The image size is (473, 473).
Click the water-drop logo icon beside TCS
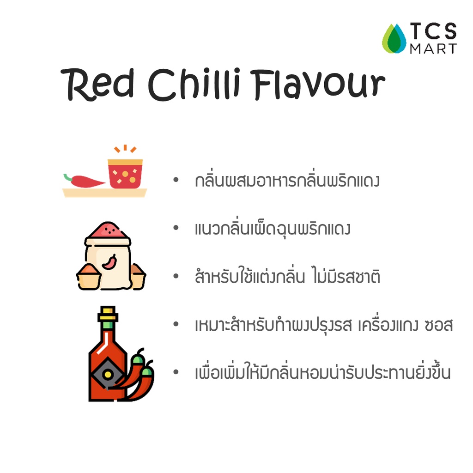[394, 39]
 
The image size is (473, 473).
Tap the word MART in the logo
[433, 49]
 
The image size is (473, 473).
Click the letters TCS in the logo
[433, 31]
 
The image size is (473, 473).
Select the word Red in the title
[97, 84]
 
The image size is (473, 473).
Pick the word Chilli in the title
[194, 84]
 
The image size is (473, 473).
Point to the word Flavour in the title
[319, 84]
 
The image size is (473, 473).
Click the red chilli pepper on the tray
[84, 181]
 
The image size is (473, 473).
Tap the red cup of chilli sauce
[125, 174]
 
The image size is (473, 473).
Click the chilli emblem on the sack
[109, 262]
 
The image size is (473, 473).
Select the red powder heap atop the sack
[108, 230]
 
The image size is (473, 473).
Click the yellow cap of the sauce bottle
[108, 314]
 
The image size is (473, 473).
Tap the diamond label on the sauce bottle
[107, 374]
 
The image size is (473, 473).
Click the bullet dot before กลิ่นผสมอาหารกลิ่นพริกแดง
[176, 180]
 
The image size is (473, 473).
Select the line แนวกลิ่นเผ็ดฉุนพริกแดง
[273, 229]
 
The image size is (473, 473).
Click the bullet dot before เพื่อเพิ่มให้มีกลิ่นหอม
[176, 372]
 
